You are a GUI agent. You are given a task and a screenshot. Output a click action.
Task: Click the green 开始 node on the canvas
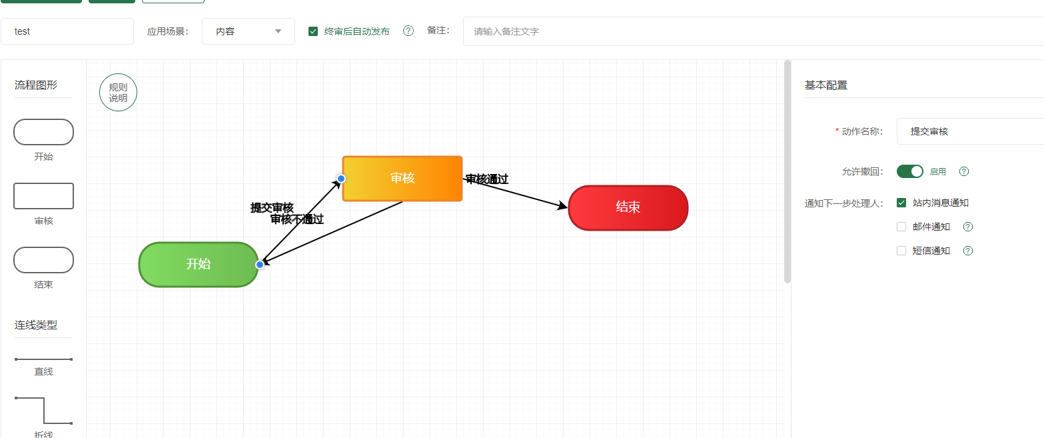(x=198, y=264)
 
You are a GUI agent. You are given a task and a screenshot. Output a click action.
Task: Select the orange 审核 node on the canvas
(x=402, y=178)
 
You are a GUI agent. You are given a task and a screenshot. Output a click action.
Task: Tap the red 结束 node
(x=628, y=207)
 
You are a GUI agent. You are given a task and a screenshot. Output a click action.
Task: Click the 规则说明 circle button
(x=118, y=93)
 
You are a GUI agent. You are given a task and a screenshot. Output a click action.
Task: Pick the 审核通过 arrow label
(x=487, y=179)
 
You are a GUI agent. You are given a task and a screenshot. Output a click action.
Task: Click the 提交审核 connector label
(x=272, y=207)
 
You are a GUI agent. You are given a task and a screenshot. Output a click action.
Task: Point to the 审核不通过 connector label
(x=297, y=219)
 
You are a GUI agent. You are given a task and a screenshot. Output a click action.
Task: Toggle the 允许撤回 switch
(x=909, y=171)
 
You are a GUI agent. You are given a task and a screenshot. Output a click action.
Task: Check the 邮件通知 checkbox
(x=901, y=227)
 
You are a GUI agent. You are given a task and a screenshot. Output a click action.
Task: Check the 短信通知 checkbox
(x=901, y=251)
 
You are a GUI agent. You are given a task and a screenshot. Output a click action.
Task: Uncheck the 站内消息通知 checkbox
(x=901, y=203)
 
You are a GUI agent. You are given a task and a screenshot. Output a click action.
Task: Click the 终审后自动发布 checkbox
(x=313, y=31)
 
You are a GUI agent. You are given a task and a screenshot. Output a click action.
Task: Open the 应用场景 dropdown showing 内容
(x=248, y=31)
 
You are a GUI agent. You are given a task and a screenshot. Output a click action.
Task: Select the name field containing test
(x=67, y=31)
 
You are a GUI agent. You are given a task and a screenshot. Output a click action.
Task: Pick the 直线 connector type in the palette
(x=43, y=359)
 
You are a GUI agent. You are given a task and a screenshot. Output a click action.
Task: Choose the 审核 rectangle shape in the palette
(x=43, y=196)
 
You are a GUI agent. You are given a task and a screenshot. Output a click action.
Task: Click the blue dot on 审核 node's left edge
(x=341, y=179)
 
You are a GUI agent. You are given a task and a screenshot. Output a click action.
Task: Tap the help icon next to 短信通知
(x=968, y=251)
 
